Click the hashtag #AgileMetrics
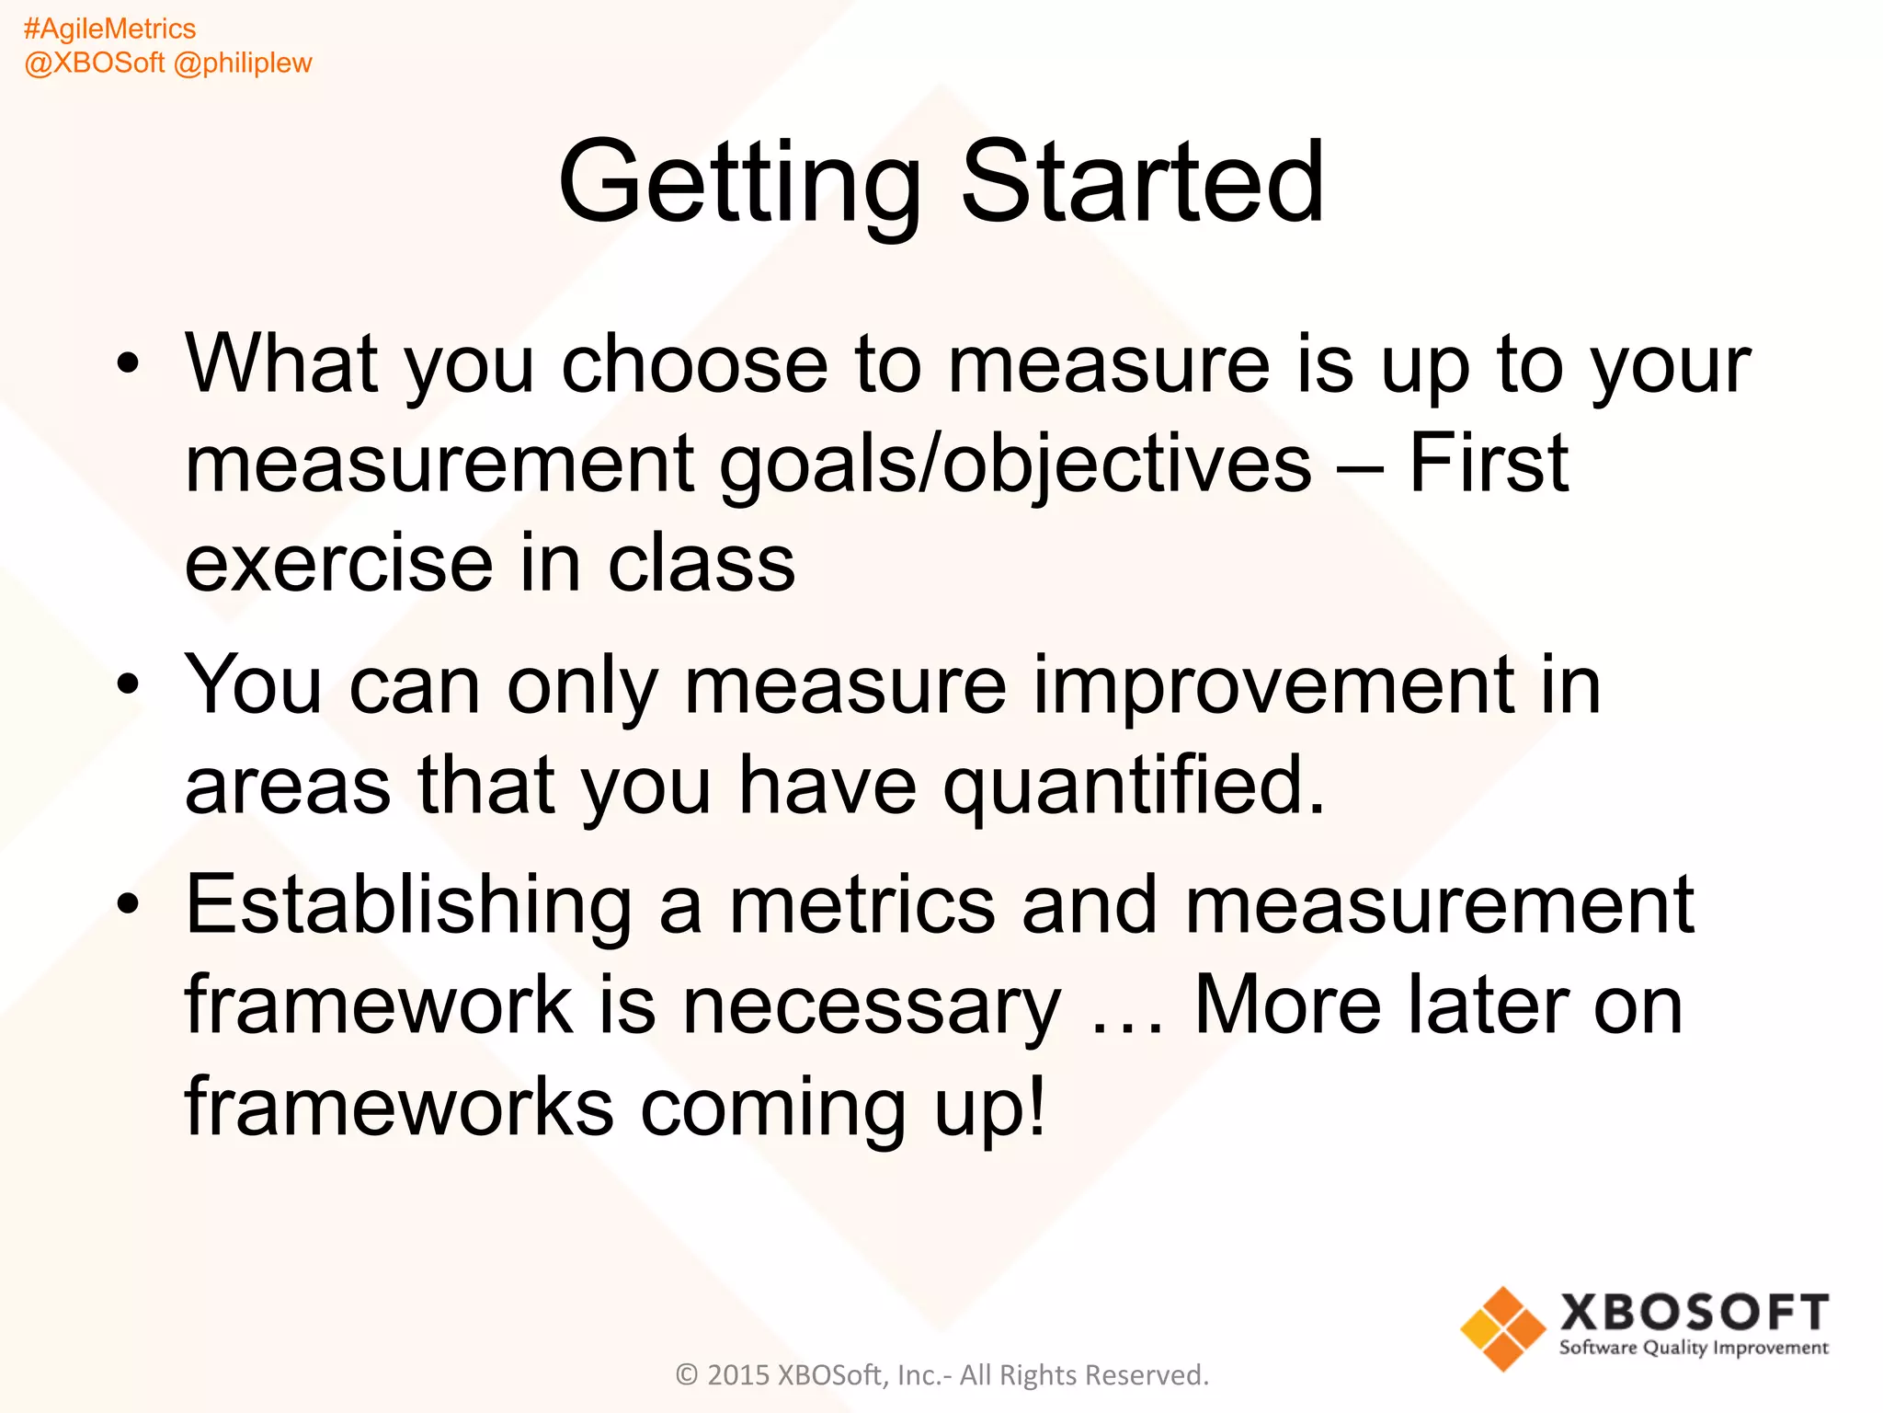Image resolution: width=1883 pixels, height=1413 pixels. point(109,29)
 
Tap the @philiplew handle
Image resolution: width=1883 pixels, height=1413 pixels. point(243,63)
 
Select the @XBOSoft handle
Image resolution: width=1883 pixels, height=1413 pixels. point(94,63)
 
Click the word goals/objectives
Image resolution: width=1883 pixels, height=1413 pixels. point(1015,465)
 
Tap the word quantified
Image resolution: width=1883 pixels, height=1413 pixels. point(1134,786)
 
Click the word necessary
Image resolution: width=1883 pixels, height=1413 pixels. point(871,1006)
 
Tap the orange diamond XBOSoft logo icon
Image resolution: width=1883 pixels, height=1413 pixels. point(1503,1328)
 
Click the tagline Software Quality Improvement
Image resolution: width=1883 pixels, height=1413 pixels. point(1694,1349)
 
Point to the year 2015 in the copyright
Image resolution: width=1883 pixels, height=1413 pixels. point(738,1375)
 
